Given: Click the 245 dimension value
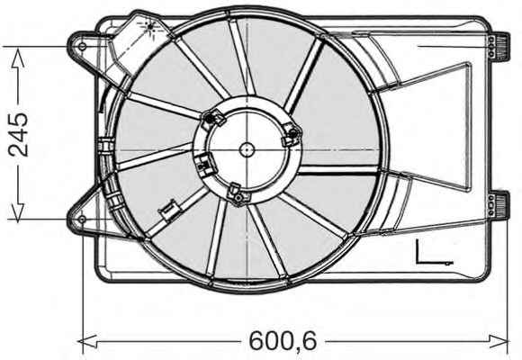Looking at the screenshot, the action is [x=18, y=134].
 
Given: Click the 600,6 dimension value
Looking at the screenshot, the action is [x=283, y=340].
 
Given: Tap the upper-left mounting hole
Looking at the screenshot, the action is [x=82, y=46].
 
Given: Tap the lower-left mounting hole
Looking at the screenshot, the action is [x=82, y=219].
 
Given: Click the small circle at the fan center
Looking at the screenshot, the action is [x=247, y=149].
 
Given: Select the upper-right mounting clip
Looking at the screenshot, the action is [x=499, y=47].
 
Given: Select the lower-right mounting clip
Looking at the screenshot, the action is [x=499, y=205].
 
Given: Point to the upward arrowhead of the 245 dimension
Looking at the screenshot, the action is [x=18, y=58].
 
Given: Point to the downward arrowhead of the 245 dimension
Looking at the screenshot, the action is [x=18, y=211].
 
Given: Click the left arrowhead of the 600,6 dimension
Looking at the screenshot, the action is [x=88, y=341].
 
